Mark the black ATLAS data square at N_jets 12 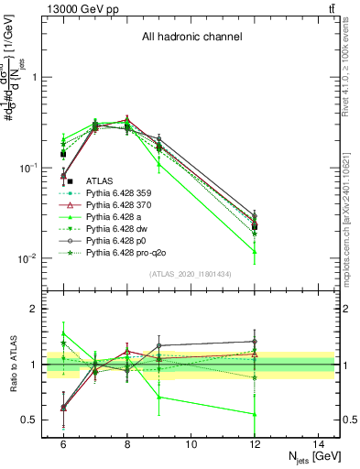(x=255, y=226)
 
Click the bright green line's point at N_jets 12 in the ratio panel (x=255, y=414)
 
